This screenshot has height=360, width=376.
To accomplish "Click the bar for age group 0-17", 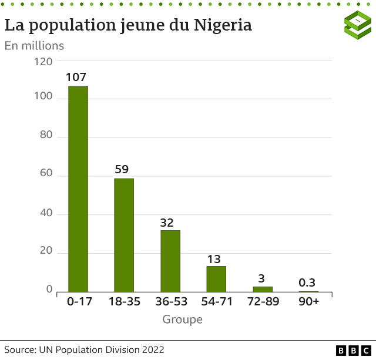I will tap(78, 189).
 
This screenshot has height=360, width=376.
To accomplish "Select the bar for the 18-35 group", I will tap(124, 235).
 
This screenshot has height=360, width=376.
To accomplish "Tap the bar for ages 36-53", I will tap(170, 261).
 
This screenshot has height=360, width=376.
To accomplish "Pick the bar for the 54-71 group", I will tap(216, 279).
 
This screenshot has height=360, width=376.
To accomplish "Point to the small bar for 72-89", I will tap(263, 289).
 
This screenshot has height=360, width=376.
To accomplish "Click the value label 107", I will tap(76, 77).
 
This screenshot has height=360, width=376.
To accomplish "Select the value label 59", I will tap(122, 169).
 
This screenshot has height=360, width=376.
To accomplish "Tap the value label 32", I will tap(167, 223).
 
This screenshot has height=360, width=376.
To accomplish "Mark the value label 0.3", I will tap(307, 283).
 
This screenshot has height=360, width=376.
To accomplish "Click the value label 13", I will tap(214, 259).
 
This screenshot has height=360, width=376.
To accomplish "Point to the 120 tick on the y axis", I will tap(43, 61).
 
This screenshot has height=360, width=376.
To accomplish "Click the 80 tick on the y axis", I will tap(45, 135).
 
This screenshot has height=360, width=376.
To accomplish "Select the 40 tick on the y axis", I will tap(45, 213).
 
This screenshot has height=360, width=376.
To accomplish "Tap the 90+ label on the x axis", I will tap(309, 301).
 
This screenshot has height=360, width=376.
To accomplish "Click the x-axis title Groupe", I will tap(183, 319).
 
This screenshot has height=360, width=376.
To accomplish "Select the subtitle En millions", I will tap(34, 45).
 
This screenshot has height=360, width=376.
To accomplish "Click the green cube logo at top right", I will tap(357, 25).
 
